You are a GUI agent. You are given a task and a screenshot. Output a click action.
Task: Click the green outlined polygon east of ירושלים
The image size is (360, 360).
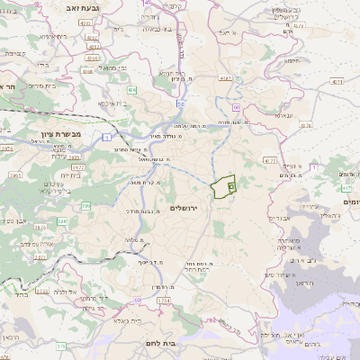(222, 186)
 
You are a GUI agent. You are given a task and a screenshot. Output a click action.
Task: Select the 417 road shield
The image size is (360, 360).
(346, 187)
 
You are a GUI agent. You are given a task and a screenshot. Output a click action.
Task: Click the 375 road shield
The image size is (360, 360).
(61, 345)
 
